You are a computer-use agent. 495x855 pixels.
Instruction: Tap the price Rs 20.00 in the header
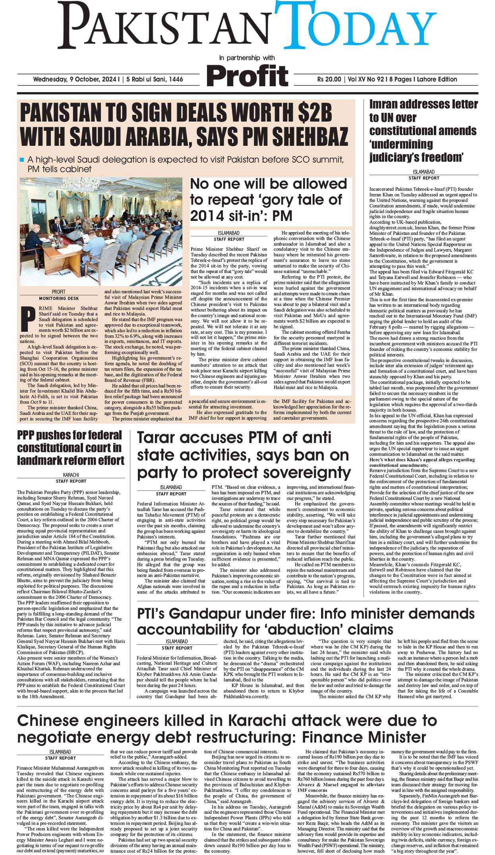pos(329,79)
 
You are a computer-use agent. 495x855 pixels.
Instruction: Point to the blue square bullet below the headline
pos(22,160)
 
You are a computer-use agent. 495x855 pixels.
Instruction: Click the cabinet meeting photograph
pos(101,231)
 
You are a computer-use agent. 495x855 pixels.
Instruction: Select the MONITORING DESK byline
pos(59,298)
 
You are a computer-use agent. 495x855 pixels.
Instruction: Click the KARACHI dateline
pos(71,475)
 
